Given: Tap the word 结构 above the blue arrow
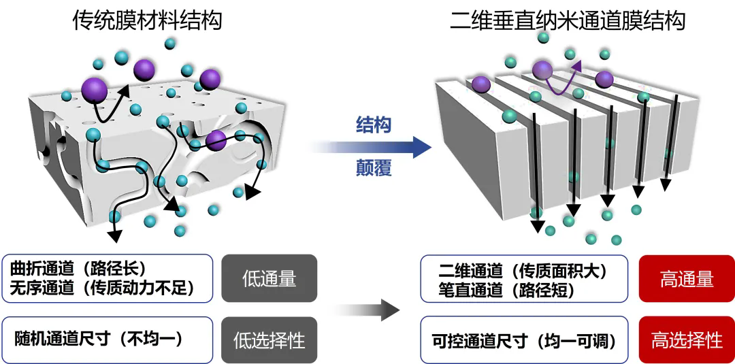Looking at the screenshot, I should pyautogui.click(x=374, y=124).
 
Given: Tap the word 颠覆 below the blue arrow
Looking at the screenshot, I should pyautogui.click(x=374, y=168).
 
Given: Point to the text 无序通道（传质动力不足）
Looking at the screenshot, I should pyautogui.click(x=102, y=288).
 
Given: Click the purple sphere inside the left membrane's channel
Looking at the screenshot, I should pyautogui.click(x=216, y=140).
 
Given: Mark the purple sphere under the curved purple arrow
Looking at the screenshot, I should pyautogui.click(x=542, y=69).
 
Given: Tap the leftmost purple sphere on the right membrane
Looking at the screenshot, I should pyautogui.click(x=481, y=84).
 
